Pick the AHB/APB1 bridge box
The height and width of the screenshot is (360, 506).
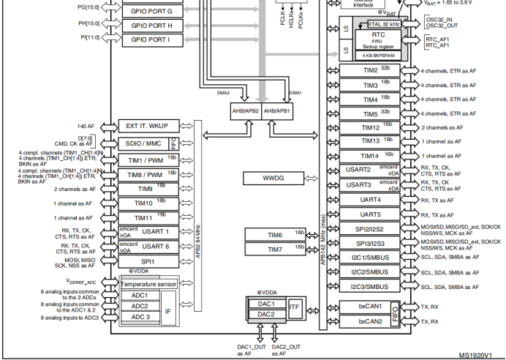(277, 111)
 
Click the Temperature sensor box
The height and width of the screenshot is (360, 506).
(148, 283)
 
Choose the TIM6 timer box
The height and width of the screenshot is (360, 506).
(275, 235)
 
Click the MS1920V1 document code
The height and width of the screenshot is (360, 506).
(480, 355)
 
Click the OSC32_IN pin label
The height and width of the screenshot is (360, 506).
(439, 20)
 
